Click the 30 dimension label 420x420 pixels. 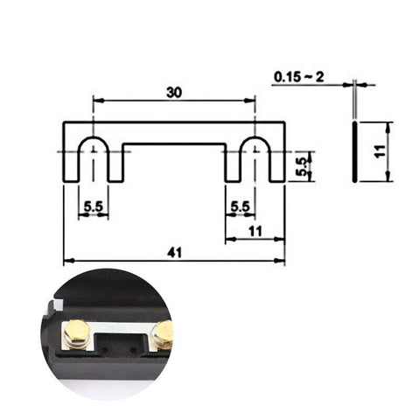click(x=174, y=90)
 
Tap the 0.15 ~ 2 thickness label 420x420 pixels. click(x=298, y=77)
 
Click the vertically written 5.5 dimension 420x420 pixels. click(x=301, y=166)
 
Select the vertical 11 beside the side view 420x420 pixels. click(x=378, y=150)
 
